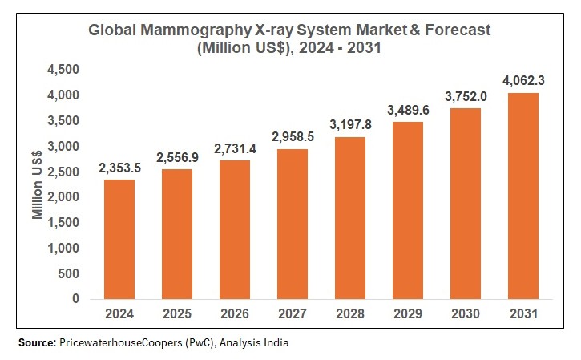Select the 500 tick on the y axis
(x=70, y=273)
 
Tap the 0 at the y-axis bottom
(x=76, y=299)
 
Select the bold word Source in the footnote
(x=37, y=342)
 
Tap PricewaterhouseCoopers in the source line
(x=117, y=342)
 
